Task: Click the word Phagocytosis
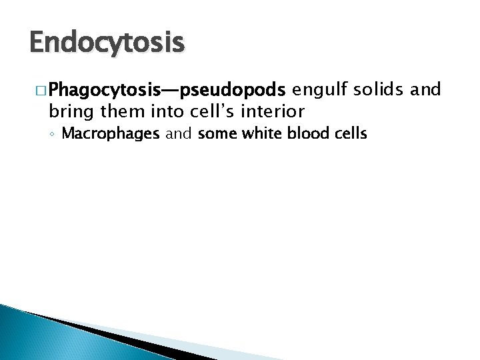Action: pyautogui.click(x=100, y=89)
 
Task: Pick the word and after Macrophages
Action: pyautogui.click(x=179, y=133)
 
